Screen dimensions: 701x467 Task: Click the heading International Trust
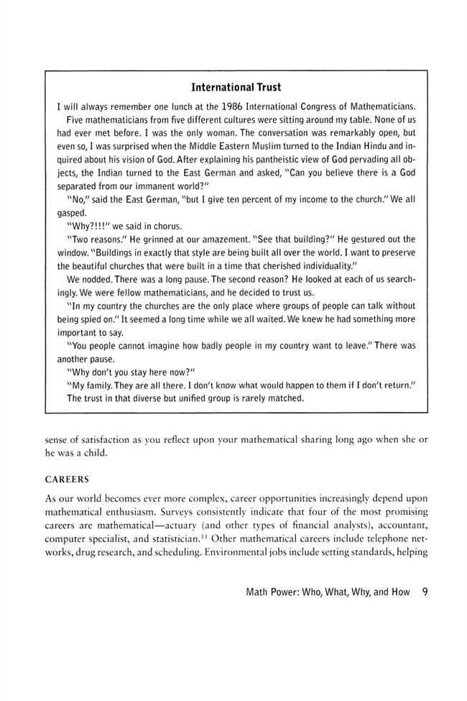236,89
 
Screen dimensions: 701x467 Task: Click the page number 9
425,593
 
